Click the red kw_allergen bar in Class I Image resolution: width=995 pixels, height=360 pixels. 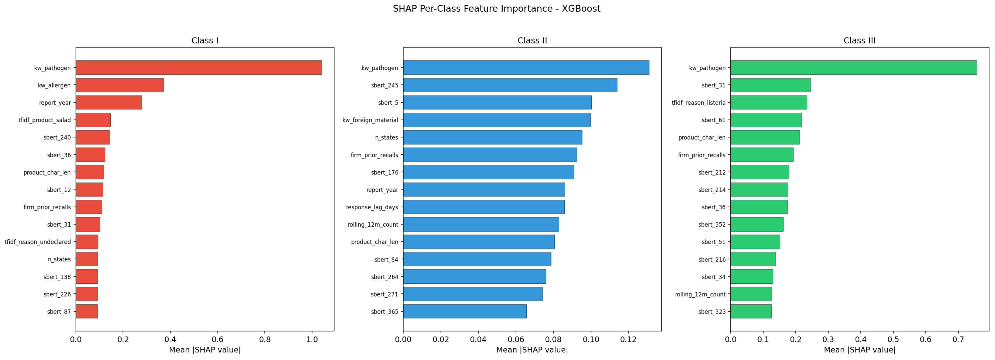click(x=120, y=85)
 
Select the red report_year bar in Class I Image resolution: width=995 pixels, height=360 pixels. click(x=109, y=102)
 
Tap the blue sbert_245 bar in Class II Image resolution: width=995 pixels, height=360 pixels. click(x=510, y=85)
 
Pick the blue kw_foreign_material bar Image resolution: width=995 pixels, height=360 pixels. click(x=497, y=120)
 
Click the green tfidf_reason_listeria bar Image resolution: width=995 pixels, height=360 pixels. click(x=769, y=102)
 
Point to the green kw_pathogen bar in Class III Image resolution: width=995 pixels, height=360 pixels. click(x=854, y=67)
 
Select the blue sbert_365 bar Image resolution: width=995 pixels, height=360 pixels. click(x=465, y=311)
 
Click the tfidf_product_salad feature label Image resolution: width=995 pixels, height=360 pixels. click(x=45, y=120)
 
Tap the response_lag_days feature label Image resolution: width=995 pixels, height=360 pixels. click(x=372, y=207)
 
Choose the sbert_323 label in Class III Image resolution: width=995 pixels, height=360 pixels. click(x=712, y=312)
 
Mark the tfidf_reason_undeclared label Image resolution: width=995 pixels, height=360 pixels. click(x=38, y=242)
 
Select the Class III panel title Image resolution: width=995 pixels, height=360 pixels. click(x=859, y=40)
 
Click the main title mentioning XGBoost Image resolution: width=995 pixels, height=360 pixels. click(x=497, y=8)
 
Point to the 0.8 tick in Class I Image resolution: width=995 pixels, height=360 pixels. click(x=265, y=339)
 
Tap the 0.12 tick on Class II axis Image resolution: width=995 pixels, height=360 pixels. click(x=628, y=339)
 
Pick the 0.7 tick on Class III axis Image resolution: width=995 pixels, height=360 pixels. click(x=958, y=339)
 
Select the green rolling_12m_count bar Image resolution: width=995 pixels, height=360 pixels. click(x=751, y=294)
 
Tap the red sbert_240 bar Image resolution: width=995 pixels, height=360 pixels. click(x=93, y=137)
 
